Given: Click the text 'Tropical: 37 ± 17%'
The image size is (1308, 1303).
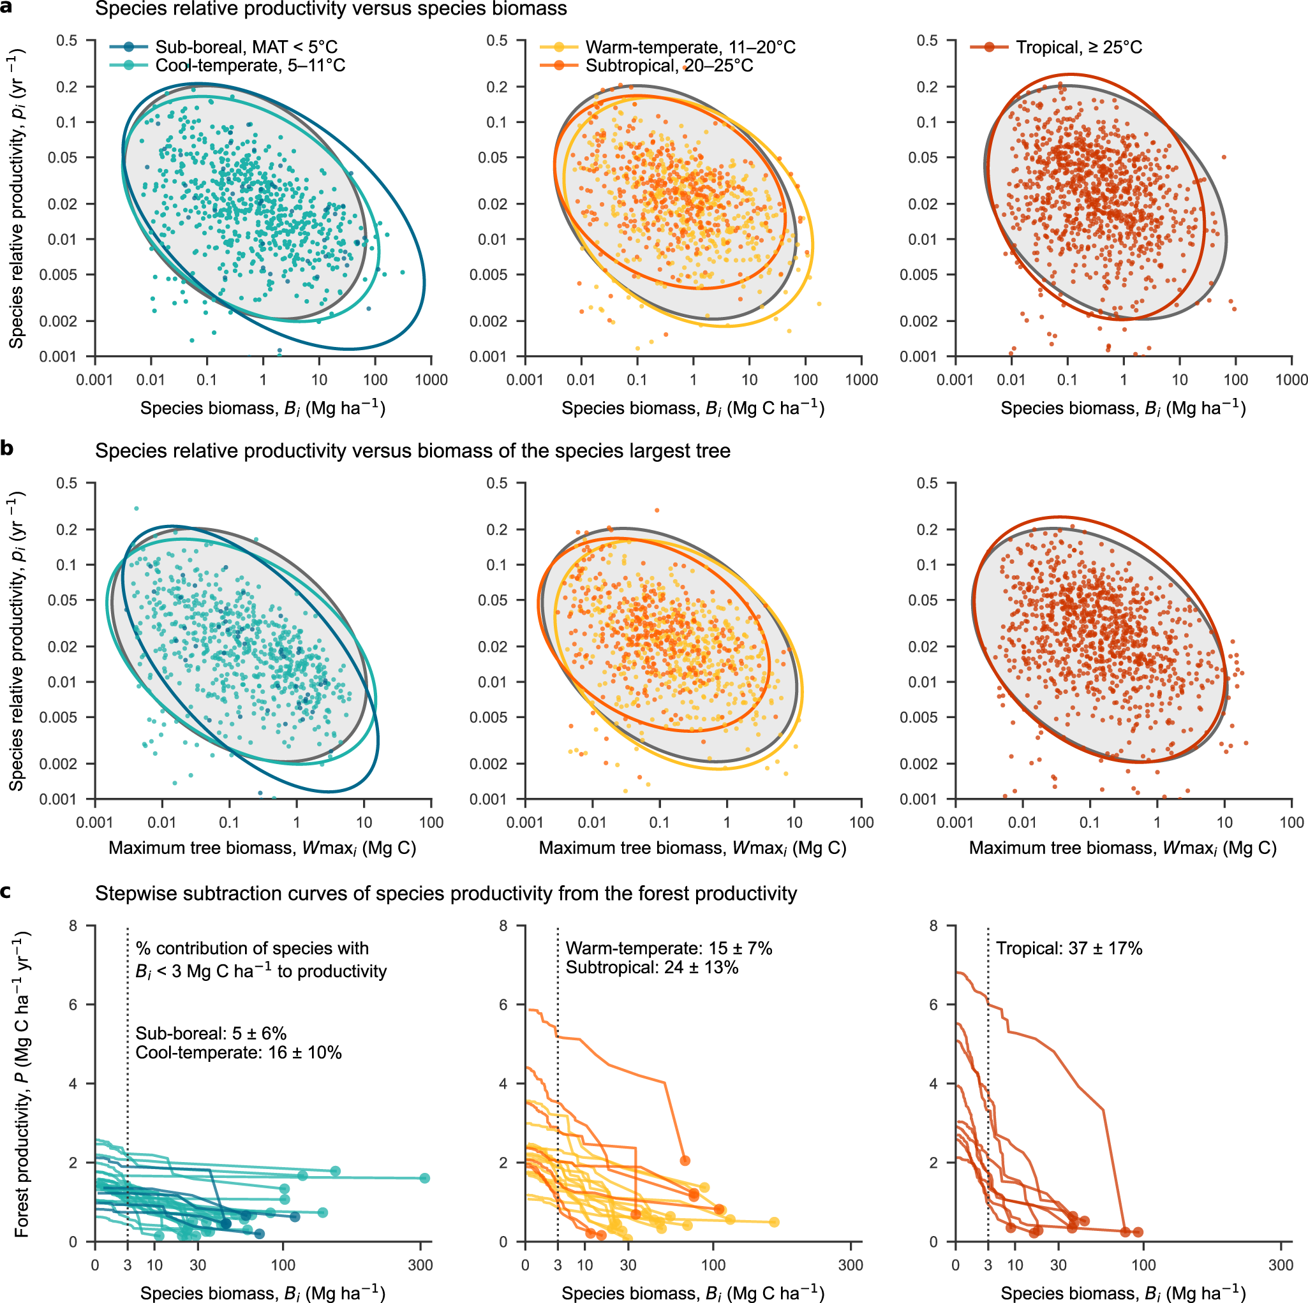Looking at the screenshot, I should pos(1069,948).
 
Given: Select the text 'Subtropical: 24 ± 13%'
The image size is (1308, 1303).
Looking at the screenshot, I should pos(652,968).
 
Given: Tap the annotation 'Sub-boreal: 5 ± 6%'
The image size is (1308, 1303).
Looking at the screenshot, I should pos(211,1034).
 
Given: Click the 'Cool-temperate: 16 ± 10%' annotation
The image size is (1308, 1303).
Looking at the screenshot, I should pos(238,1052).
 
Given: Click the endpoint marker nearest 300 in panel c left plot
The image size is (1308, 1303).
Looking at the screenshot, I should pos(424,1178).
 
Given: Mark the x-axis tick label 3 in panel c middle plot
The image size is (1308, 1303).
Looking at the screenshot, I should pos(557,1265).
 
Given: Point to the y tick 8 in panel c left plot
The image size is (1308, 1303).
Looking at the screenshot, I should pos(73,926).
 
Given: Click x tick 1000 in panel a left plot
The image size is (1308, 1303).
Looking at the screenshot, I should pos(431,379).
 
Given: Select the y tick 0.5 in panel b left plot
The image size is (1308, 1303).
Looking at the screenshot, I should pos(66,483).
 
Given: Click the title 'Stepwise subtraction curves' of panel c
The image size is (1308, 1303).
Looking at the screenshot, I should pos(445,894).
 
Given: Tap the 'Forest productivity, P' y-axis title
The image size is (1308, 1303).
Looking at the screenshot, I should pos(22,1086).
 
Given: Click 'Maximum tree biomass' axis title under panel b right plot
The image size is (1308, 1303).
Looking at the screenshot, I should pos(1122,848).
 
